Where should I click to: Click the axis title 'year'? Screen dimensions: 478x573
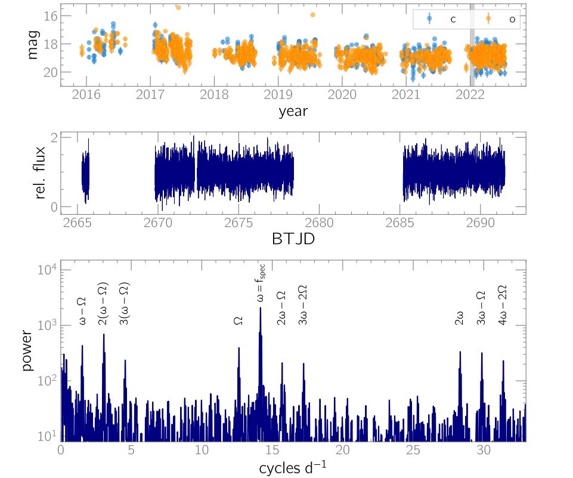(x=293, y=111)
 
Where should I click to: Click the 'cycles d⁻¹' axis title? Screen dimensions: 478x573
(x=293, y=468)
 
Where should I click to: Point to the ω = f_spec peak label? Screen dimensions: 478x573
(x=261, y=285)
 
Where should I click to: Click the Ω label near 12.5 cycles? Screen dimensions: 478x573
(x=239, y=320)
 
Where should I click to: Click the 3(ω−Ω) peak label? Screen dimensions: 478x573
(x=125, y=303)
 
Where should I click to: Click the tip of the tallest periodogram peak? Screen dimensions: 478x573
(x=260, y=308)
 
